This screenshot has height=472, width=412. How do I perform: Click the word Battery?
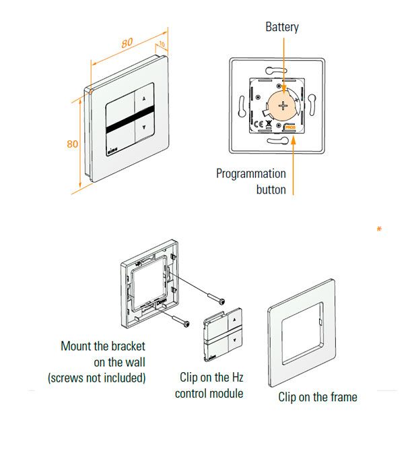(282, 28)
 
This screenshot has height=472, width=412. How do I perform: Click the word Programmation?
(251, 173)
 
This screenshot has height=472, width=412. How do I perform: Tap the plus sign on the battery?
(284, 105)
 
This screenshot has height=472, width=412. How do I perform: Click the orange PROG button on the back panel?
(291, 125)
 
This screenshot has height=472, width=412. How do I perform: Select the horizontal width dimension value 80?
(127, 43)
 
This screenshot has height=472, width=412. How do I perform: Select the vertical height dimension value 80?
(73, 144)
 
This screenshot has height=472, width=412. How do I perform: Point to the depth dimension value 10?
(162, 45)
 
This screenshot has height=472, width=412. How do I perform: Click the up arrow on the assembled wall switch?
(144, 96)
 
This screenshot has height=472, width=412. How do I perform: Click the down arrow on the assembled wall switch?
(145, 126)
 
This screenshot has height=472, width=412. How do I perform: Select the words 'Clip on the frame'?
(318, 396)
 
